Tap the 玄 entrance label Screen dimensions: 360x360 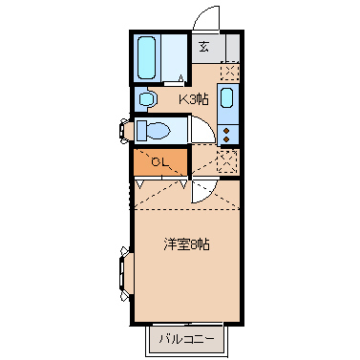click(x=203, y=45)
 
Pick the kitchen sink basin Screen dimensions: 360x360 click(x=228, y=97)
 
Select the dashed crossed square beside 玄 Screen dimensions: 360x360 click(x=229, y=71)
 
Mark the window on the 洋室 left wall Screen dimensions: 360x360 click(x=124, y=270)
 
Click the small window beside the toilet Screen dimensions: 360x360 click(x=124, y=129)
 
